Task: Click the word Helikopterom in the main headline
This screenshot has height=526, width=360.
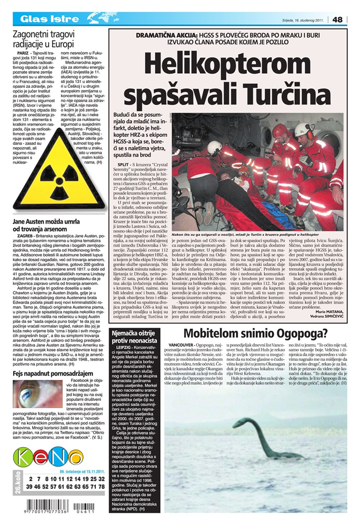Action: pyautogui.click(x=227, y=64)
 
